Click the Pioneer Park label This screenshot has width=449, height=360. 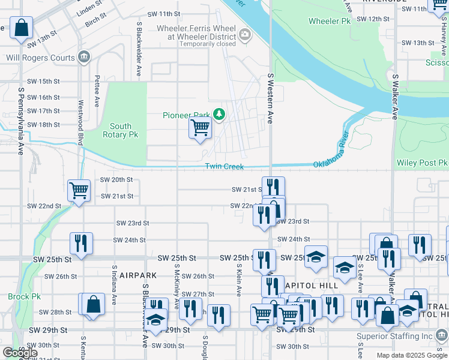tap(187, 115)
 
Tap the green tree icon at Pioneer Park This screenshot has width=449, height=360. tap(220, 114)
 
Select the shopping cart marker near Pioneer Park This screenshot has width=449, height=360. tap(200, 127)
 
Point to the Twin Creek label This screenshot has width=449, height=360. tap(224, 166)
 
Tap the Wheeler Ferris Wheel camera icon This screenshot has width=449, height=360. tap(245, 35)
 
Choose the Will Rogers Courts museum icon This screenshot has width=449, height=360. tap(84, 58)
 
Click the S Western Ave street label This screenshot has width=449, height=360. tap(270, 99)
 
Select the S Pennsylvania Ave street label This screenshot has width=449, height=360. tap(20, 121)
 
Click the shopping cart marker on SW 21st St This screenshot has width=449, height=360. tap(79, 190)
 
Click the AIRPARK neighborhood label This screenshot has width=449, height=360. tap(137, 275)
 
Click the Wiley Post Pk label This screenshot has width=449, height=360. tap(422, 163)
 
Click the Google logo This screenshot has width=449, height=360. tap(20, 353)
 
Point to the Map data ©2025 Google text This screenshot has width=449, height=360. tap(411, 355)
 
